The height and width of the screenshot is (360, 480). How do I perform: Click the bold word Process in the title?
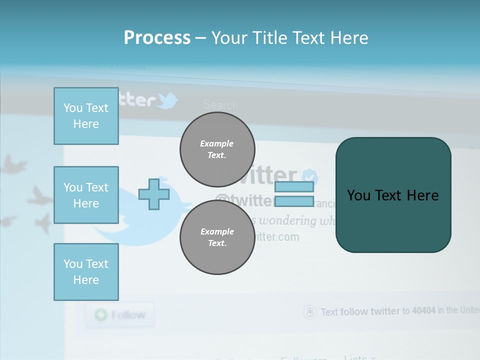157,38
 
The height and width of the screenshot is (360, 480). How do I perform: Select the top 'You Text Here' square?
86,116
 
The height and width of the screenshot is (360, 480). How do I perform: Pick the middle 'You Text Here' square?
86,195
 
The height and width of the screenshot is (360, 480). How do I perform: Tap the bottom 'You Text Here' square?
86,272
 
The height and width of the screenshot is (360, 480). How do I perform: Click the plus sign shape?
154,194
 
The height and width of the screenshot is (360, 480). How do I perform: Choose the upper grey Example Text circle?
217,149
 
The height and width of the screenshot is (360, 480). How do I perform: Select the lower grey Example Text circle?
217,237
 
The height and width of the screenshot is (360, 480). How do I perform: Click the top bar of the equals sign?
294,187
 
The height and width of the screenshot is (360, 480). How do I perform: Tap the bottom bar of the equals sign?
294,201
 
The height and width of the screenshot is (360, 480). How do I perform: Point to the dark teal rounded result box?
393,195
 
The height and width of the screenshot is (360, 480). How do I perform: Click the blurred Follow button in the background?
119,315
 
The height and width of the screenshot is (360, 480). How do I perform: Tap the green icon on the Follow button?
101,315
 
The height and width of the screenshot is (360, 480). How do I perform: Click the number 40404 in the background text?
422,310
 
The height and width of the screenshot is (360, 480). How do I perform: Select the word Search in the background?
220,105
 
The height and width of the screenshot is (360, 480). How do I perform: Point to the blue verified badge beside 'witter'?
311,176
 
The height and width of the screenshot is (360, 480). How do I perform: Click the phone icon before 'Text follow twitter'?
310,312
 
